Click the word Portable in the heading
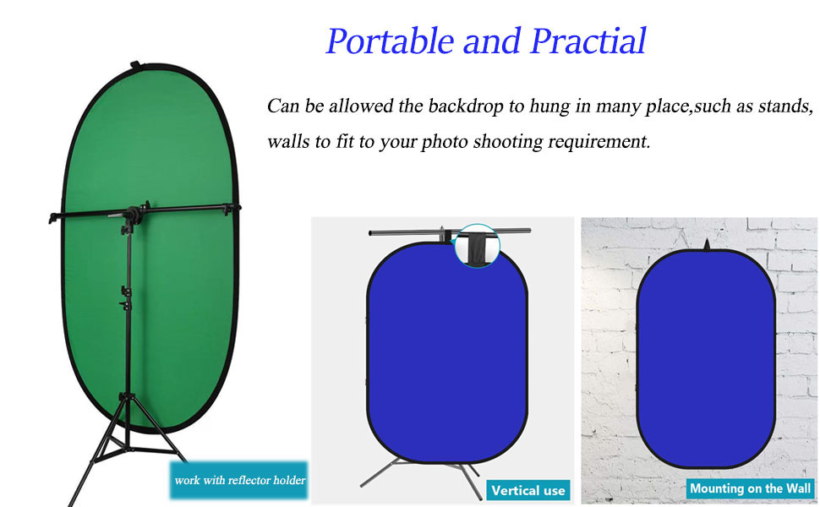pos(390,41)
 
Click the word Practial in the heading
pos(588,41)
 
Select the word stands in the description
pos(785,106)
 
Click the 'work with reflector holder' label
pos(239,480)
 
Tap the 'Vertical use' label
pos(528,491)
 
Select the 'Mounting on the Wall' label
pos(751,488)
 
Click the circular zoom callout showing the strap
pos(477,246)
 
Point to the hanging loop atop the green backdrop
pos(135,65)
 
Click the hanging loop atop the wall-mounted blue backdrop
pos(707,244)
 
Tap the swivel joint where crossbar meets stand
pos(134,214)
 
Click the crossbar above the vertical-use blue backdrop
pos(450,232)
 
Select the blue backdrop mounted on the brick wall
pos(706,358)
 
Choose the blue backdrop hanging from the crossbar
pos(447,353)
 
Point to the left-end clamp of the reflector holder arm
pos(54,217)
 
